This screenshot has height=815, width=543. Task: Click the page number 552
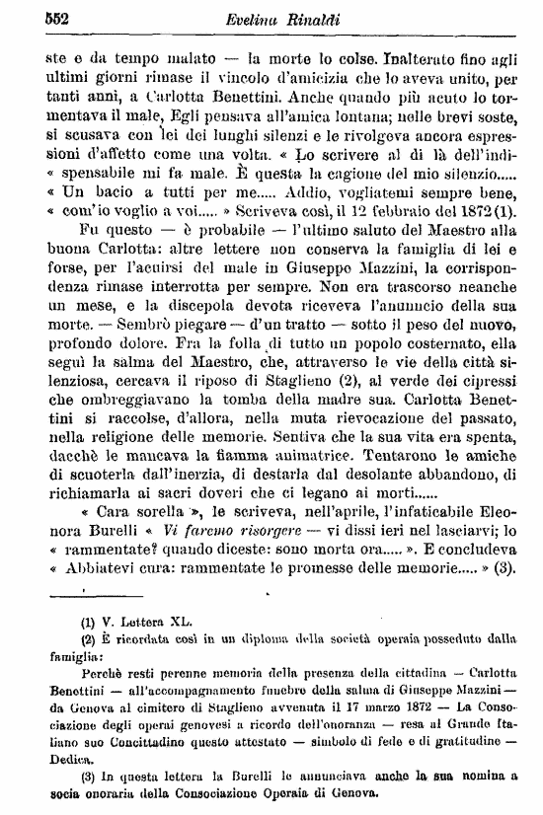click(x=33, y=16)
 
